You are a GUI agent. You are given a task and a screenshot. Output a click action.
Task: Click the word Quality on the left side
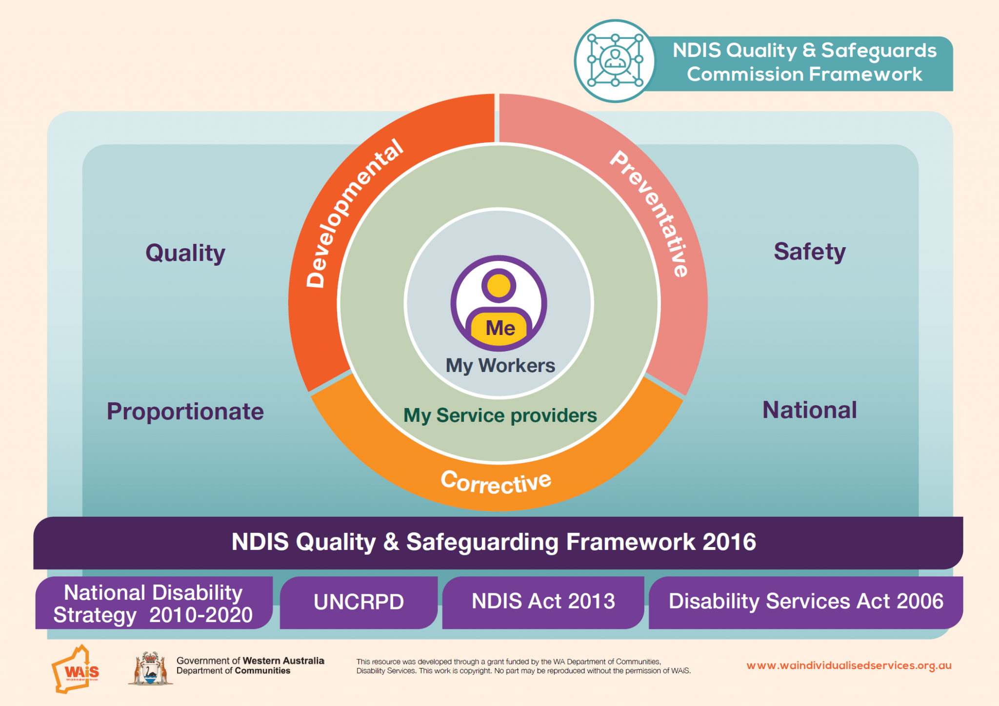[185, 253]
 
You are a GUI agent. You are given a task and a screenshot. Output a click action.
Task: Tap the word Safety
[810, 252]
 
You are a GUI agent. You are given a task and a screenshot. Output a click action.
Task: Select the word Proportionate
[185, 412]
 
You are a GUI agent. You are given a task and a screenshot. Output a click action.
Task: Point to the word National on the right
[810, 410]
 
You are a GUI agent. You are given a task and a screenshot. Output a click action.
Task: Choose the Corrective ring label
[496, 482]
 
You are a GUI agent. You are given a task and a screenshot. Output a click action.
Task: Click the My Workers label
[500, 366]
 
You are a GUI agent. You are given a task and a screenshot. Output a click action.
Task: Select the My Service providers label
[500, 415]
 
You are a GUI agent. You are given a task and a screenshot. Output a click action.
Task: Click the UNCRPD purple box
[359, 602]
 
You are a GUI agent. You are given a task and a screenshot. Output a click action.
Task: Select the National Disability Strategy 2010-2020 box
[153, 604]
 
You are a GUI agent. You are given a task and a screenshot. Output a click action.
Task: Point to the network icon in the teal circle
[615, 61]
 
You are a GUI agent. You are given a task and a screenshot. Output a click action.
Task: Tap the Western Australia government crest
[150, 669]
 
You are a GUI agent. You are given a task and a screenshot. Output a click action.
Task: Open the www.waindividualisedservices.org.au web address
[849, 666]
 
